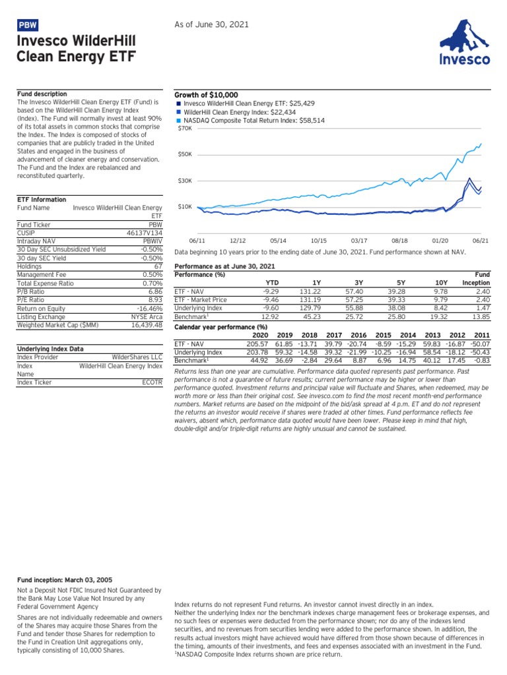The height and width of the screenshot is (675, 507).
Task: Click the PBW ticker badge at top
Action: pos(27,25)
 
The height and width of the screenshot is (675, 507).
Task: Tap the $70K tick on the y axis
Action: pos(186,128)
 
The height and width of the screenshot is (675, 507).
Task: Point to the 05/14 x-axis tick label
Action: pos(279,242)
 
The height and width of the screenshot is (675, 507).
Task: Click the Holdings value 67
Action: pos(157,266)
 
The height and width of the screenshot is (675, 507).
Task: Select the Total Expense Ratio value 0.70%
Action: pos(152,282)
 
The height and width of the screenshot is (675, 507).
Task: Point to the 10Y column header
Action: pos(440,282)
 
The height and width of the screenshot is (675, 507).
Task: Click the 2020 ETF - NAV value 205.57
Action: pos(257,343)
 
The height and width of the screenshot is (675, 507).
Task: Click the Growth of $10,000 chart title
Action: pos(205,95)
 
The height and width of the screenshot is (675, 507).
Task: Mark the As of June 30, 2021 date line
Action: pos(212,24)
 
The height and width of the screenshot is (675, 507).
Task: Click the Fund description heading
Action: pos(42,94)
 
